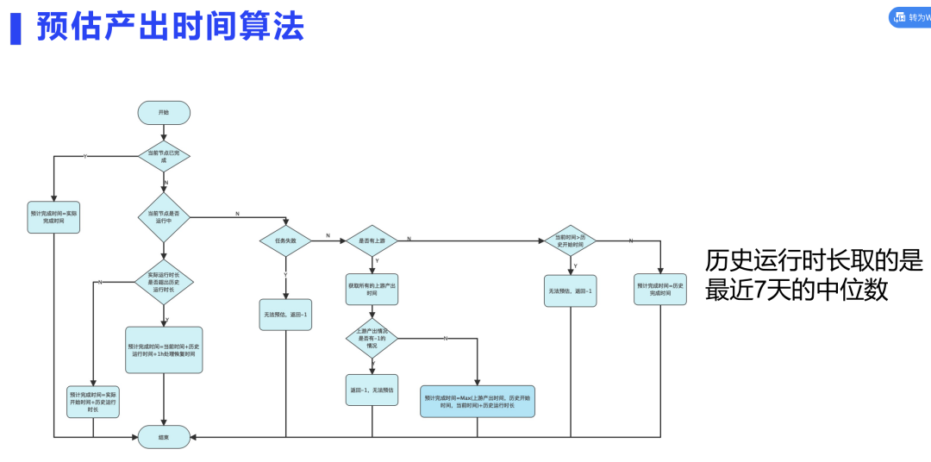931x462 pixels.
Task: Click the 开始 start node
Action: click(x=164, y=113)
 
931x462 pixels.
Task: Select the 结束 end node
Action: click(x=164, y=437)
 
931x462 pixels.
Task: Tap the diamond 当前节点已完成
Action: click(x=164, y=156)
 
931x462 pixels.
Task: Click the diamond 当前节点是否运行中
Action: click(x=164, y=217)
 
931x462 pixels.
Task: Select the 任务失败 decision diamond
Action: click(x=285, y=241)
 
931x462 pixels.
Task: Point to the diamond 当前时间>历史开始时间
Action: click(x=570, y=241)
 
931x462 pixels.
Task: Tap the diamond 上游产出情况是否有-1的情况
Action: click(x=372, y=338)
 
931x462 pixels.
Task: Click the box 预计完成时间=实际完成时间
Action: click(x=53, y=216)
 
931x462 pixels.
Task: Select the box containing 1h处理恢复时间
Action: click(x=164, y=350)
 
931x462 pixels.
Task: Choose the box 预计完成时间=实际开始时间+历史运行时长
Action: click(x=93, y=402)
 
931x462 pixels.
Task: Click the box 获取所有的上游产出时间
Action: click(x=372, y=290)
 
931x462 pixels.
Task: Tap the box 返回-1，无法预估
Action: click(x=372, y=390)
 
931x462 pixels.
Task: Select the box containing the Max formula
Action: click(x=477, y=401)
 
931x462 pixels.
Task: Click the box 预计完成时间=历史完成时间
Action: click(x=660, y=290)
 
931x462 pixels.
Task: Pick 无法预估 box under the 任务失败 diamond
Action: click(x=285, y=315)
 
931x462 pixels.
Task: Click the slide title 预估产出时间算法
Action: click(x=170, y=27)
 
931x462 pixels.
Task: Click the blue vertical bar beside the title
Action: click(x=15, y=27)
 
